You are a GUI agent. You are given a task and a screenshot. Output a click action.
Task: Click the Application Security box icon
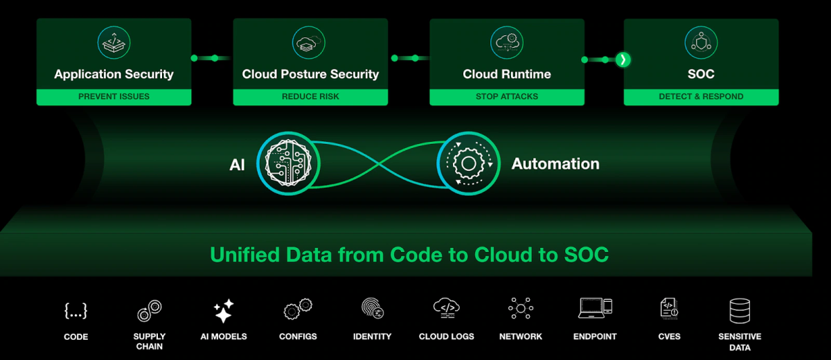114,43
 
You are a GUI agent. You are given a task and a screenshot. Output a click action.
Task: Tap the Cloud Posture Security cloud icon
309,43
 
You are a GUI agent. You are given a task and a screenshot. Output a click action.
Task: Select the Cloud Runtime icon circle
507,43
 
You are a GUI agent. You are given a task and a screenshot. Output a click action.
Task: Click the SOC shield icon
701,43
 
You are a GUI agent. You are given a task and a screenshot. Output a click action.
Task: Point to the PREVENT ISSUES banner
114,97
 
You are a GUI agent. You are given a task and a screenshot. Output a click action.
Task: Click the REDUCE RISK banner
310,97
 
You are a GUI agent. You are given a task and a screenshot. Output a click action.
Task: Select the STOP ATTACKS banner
507,97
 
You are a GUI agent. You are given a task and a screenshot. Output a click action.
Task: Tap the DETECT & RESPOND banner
701,97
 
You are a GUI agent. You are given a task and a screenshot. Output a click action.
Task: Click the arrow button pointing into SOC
623,60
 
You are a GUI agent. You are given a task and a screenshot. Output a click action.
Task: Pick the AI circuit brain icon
288,163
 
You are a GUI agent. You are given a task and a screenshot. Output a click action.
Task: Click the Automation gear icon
469,163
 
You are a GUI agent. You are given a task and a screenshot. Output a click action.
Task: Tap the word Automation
555,164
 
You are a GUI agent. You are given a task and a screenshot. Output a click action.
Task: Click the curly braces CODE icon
75,311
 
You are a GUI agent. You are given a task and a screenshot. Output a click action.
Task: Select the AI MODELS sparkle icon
224,310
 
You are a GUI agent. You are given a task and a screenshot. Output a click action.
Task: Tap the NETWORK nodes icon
521,308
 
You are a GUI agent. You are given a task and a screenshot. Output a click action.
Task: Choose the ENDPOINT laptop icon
595,308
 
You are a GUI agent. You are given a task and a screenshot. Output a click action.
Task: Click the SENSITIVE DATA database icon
740,311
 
